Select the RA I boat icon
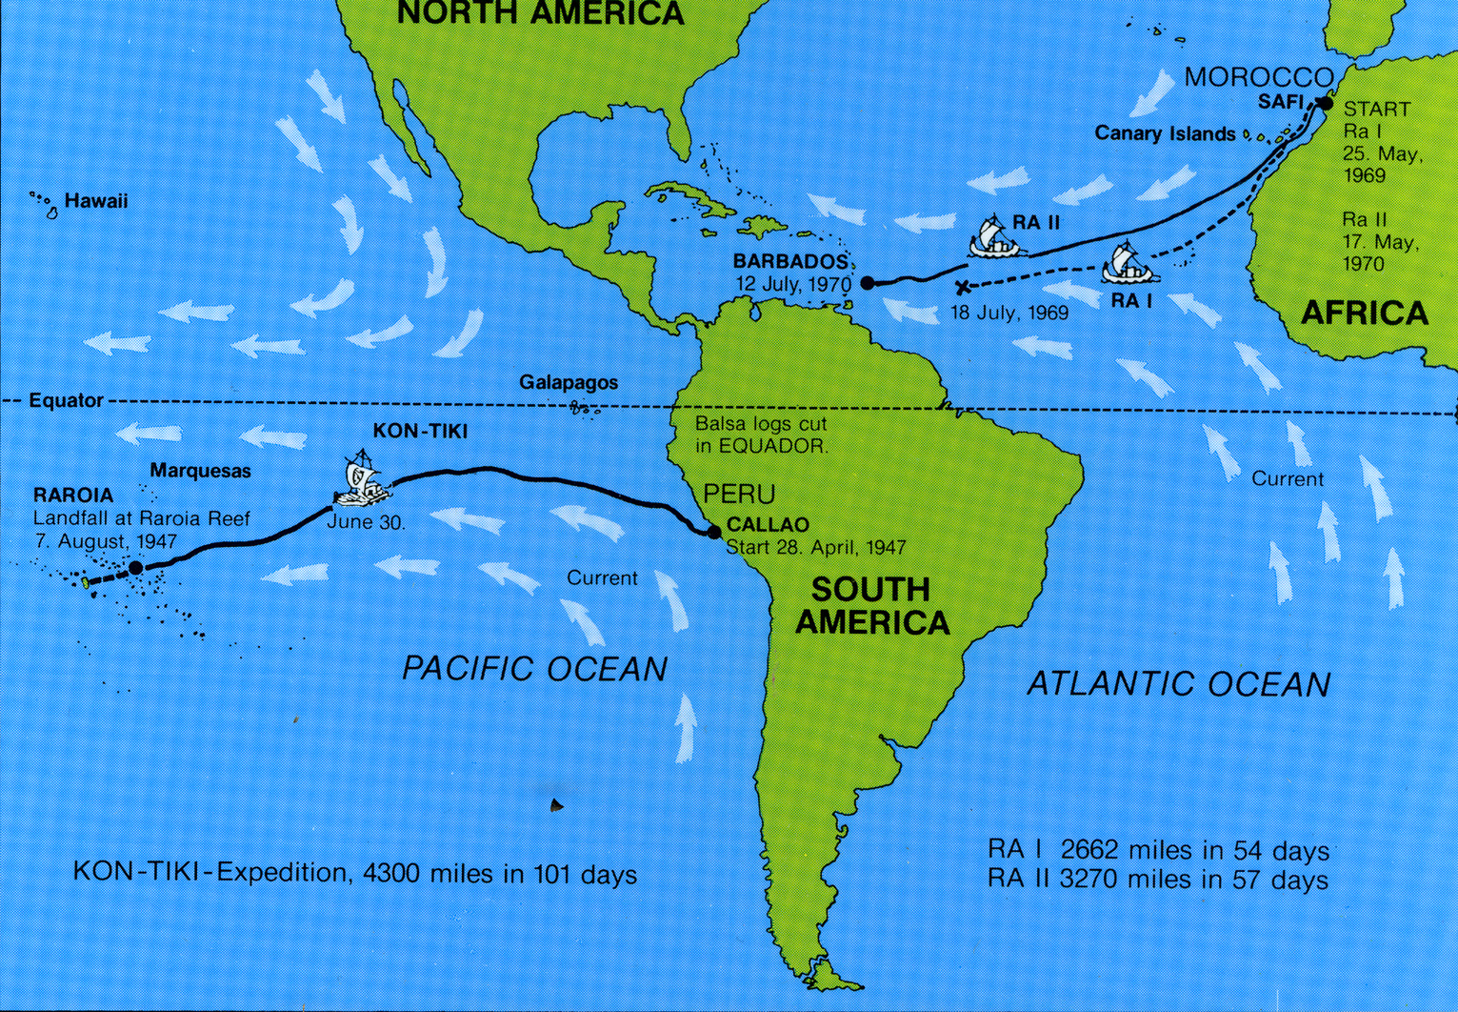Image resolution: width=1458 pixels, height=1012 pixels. click(1129, 264)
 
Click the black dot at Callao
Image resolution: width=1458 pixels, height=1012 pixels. click(714, 532)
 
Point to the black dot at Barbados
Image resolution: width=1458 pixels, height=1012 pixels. click(868, 282)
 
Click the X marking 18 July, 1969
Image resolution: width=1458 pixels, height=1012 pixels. click(962, 287)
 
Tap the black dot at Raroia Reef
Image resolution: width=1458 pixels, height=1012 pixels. click(135, 568)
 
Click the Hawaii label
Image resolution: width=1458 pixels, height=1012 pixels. click(95, 202)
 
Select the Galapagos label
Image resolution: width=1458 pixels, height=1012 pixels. click(568, 382)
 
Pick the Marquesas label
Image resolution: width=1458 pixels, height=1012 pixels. click(200, 471)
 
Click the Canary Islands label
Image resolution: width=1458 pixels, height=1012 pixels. click(1164, 133)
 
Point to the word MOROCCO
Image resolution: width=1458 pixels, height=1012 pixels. click(1257, 77)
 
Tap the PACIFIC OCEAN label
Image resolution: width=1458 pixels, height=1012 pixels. click(534, 668)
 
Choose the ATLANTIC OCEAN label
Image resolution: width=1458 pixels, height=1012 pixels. click(1178, 683)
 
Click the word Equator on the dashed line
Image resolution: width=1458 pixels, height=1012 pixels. click(65, 400)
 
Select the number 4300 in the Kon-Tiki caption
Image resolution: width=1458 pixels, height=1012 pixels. click(389, 873)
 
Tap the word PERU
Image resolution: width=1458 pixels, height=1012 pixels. click(738, 494)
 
